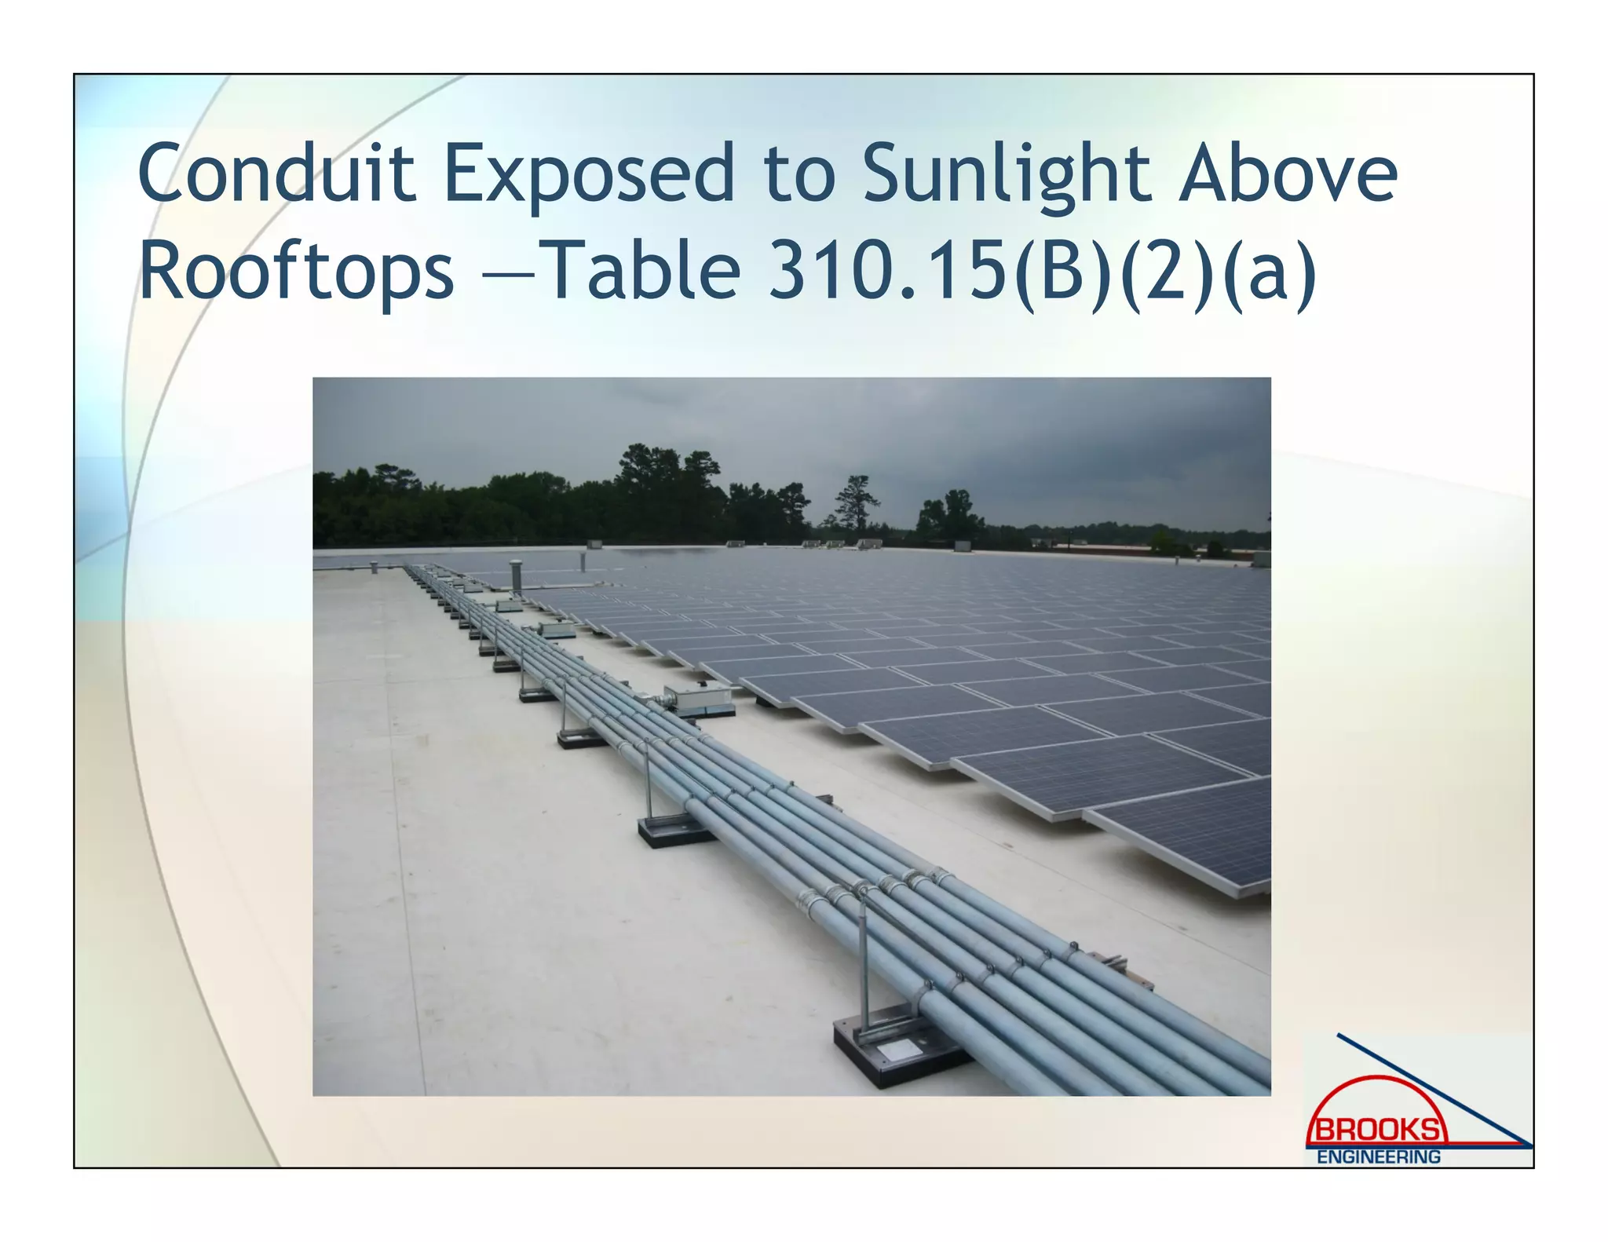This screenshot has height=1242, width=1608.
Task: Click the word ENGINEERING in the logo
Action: coord(1379,1157)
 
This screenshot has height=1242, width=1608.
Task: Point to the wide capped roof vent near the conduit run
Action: coord(516,573)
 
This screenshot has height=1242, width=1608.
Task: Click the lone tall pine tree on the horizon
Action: coord(855,502)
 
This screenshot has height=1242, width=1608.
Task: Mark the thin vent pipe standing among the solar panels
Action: coord(583,561)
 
